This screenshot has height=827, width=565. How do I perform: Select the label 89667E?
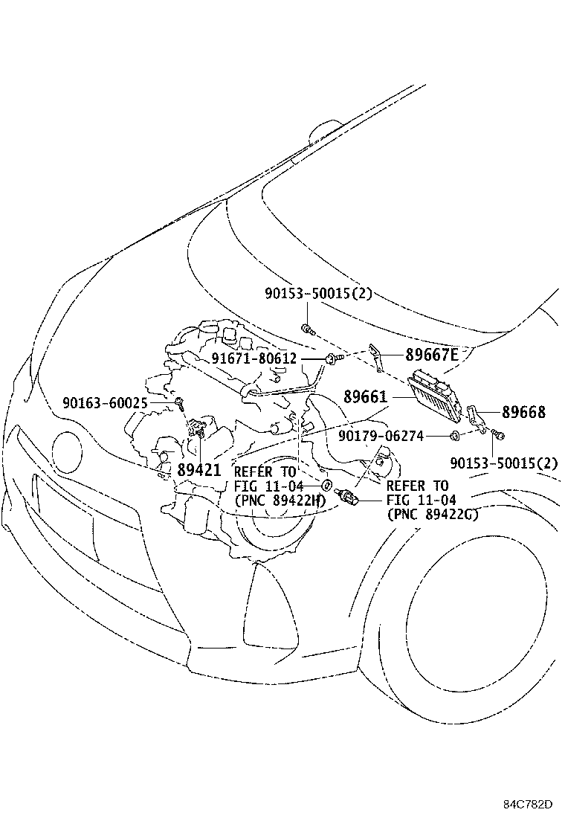(432, 355)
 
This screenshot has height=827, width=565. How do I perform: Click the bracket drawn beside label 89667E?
(376, 358)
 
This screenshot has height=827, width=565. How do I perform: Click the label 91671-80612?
(254, 358)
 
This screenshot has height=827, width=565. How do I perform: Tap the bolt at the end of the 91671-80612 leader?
(332, 358)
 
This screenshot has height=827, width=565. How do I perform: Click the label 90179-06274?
(381, 436)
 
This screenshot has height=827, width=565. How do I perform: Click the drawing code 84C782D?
(527, 804)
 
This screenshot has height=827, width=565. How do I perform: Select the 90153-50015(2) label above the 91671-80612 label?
(318, 294)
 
